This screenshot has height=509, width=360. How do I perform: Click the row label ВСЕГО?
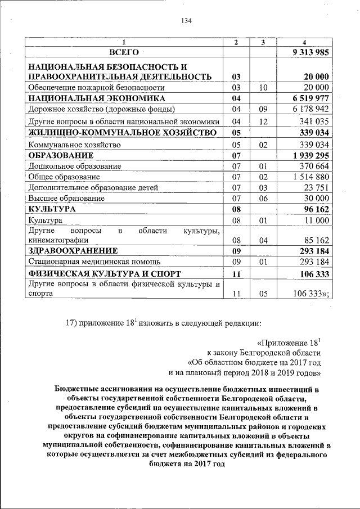tap(124, 52)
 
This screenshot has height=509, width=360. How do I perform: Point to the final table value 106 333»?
tap(312, 293)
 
